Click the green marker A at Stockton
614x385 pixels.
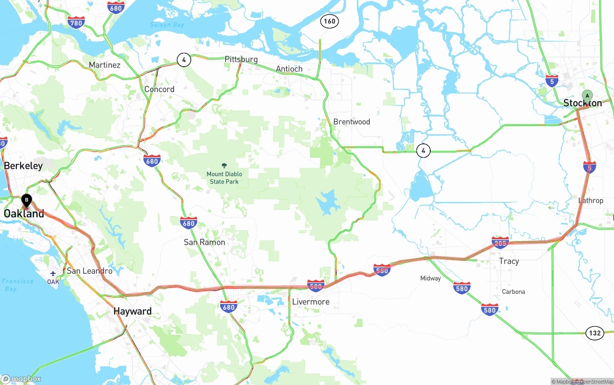coord(587,96)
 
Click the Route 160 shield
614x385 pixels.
coord(330,21)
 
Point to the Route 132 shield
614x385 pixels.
coord(594,333)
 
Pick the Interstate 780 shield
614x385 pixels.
coord(76,22)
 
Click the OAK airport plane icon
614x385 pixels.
coord(53,273)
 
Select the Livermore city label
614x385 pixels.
coord(311,302)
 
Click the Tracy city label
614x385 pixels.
coord(508,261)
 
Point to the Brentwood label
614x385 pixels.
coord(352,122)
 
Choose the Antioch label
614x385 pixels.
coord(289,69)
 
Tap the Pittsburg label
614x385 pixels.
coord(241,59)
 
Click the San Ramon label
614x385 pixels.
coord(204,242)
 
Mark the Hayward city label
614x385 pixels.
coord(132,311)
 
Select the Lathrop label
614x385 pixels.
coord(590,200)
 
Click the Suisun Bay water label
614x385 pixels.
coord(167,24)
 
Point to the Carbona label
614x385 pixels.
coord(513,292)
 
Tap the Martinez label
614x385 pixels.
coord(105,65)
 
